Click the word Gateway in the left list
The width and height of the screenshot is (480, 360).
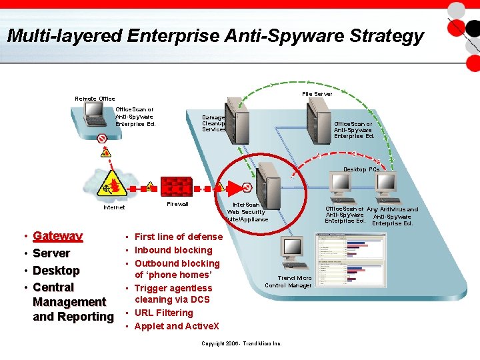[57, 236]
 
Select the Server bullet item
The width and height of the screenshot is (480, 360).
[51, 253]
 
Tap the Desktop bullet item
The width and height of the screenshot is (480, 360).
[56, 271]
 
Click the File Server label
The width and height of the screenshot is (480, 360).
[317, 94]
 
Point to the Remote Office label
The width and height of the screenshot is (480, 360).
[95, 99]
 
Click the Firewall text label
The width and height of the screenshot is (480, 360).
[177, 204]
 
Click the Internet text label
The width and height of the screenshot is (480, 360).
[114, 207]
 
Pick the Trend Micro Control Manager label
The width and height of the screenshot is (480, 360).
[289, 281]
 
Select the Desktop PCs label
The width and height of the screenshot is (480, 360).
[361, 169]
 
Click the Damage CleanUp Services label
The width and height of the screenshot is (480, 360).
[213, 123]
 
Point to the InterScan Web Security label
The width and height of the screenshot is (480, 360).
[247, 212]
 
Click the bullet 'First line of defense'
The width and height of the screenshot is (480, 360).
[178, 237]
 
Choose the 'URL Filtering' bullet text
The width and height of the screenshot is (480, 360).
[163, 313]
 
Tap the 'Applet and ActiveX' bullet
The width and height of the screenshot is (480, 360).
[177, 326]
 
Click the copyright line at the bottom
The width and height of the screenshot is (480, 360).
[241, 343]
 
